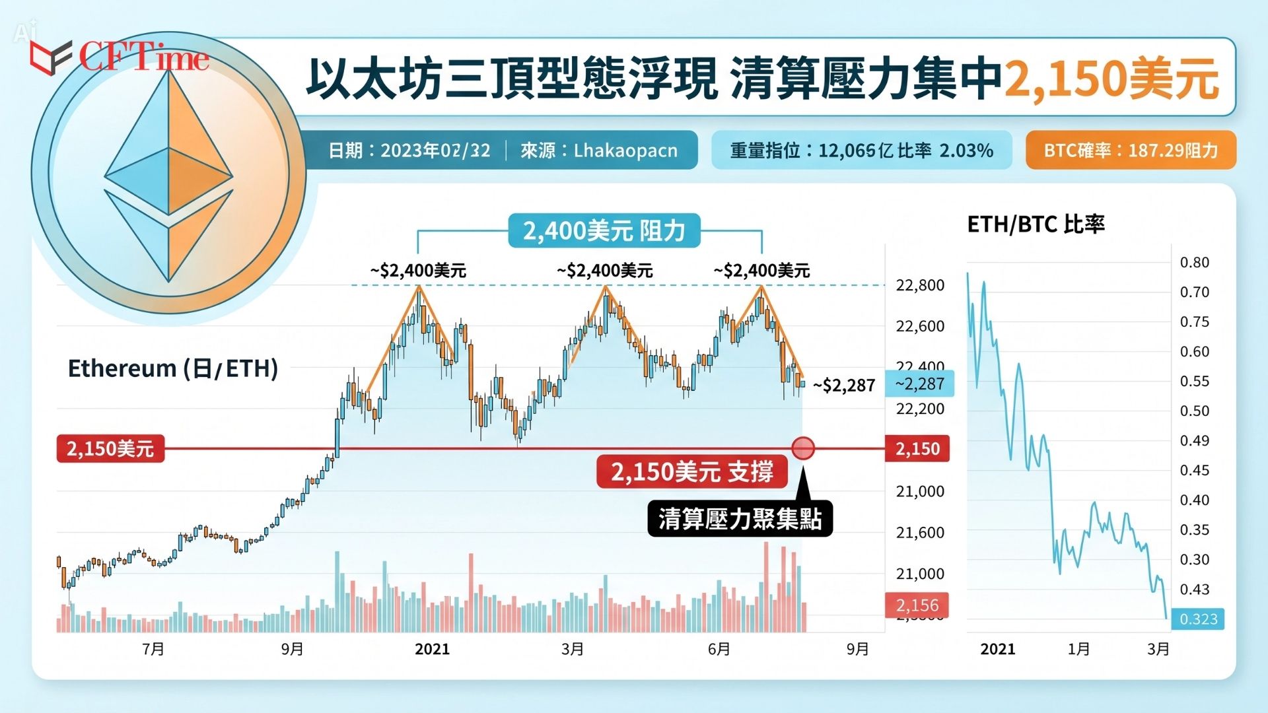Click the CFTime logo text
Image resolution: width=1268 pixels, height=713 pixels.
click(144, 57)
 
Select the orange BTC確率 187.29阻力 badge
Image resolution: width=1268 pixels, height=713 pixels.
click(1130, 151)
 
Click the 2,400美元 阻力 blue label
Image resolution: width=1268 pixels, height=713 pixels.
click(604, 230)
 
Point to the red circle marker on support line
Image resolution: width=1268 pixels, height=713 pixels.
click(802, 448)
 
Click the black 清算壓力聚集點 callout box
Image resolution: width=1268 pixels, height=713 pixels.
click(740, 518)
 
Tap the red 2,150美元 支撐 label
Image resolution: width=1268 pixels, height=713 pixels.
click(691, 471)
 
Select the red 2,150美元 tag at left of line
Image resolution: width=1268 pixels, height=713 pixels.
click(110, 448)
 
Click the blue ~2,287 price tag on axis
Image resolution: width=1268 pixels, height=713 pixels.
click(919, 384)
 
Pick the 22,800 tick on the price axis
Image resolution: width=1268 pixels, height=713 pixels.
click(919, 285)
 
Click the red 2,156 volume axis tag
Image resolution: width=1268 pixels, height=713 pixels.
click(917, 605)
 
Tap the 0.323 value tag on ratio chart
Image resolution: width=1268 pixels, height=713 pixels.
click(1198, 619)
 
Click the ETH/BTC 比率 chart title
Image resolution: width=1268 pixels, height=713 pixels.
click(1036, 224)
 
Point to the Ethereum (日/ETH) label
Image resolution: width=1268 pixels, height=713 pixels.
click(173, 368)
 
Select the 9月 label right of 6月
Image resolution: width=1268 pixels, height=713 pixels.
click(857, 649)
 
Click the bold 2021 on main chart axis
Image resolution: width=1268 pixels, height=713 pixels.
click(432, 649)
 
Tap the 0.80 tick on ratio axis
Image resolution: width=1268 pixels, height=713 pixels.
click(1194, 262)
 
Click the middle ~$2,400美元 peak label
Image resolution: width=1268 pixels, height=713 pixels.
click(604, 270)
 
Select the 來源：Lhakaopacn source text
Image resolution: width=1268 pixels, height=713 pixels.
click(599, 151)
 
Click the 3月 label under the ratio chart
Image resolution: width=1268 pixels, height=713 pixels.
click(1158, 649)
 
